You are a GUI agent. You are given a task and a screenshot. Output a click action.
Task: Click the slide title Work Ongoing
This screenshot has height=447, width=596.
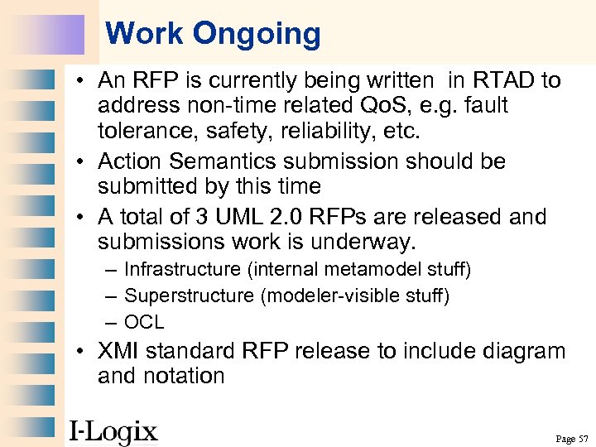(213, 34)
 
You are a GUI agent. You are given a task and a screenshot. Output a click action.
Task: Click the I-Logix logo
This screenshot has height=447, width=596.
(113, 431)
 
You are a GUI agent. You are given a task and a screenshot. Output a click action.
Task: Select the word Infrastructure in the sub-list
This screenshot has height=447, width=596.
(181, 270)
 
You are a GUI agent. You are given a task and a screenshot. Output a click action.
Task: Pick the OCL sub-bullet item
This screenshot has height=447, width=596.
(144, 322)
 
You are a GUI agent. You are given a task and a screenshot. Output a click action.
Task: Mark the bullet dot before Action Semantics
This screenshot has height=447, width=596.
(86, 161)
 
